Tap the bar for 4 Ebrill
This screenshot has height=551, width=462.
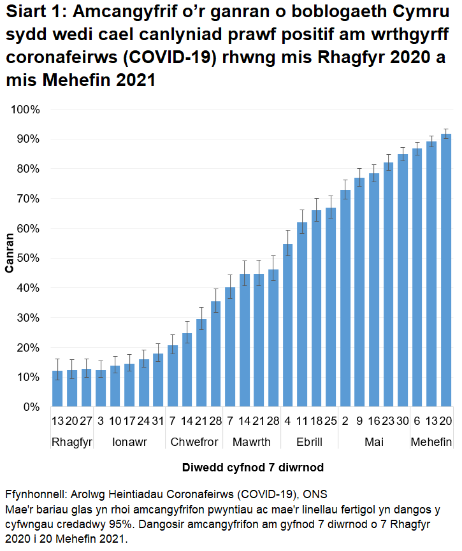pos(288,325)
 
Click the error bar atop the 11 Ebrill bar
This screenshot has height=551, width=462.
pos(302,222)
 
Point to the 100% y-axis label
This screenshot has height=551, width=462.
pos(25,109)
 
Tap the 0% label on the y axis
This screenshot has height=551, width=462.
pos(29,407)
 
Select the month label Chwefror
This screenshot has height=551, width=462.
pos(194,442)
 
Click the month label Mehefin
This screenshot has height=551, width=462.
pos(431,442)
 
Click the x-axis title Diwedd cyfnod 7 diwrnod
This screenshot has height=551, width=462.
pos(253,467)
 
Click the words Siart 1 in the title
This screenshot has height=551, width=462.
pos(34,12)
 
